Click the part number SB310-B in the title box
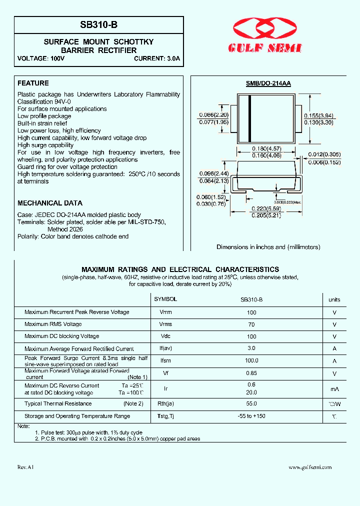pos(99,24)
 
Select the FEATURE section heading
pos(33,83)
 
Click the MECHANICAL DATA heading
pos(50,203)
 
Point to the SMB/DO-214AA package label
pos(268,84)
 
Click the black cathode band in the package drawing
pos(249,118)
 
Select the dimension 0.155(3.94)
pos(318,115)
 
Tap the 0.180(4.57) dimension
pos(266,148)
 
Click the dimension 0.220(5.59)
pos(266,208)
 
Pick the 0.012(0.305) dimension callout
pos(324,154)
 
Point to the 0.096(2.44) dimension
pos(213,173)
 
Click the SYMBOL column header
pos(165,299)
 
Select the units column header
pos(334,300)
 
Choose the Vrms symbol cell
pos(165,324)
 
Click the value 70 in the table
pos(251,324)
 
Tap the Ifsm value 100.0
pos(251,360)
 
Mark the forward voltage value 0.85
pos(251,373)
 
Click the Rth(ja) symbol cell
pos(165,403)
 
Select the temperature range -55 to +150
pos(251,416)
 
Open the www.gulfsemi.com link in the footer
pos(310,467)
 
